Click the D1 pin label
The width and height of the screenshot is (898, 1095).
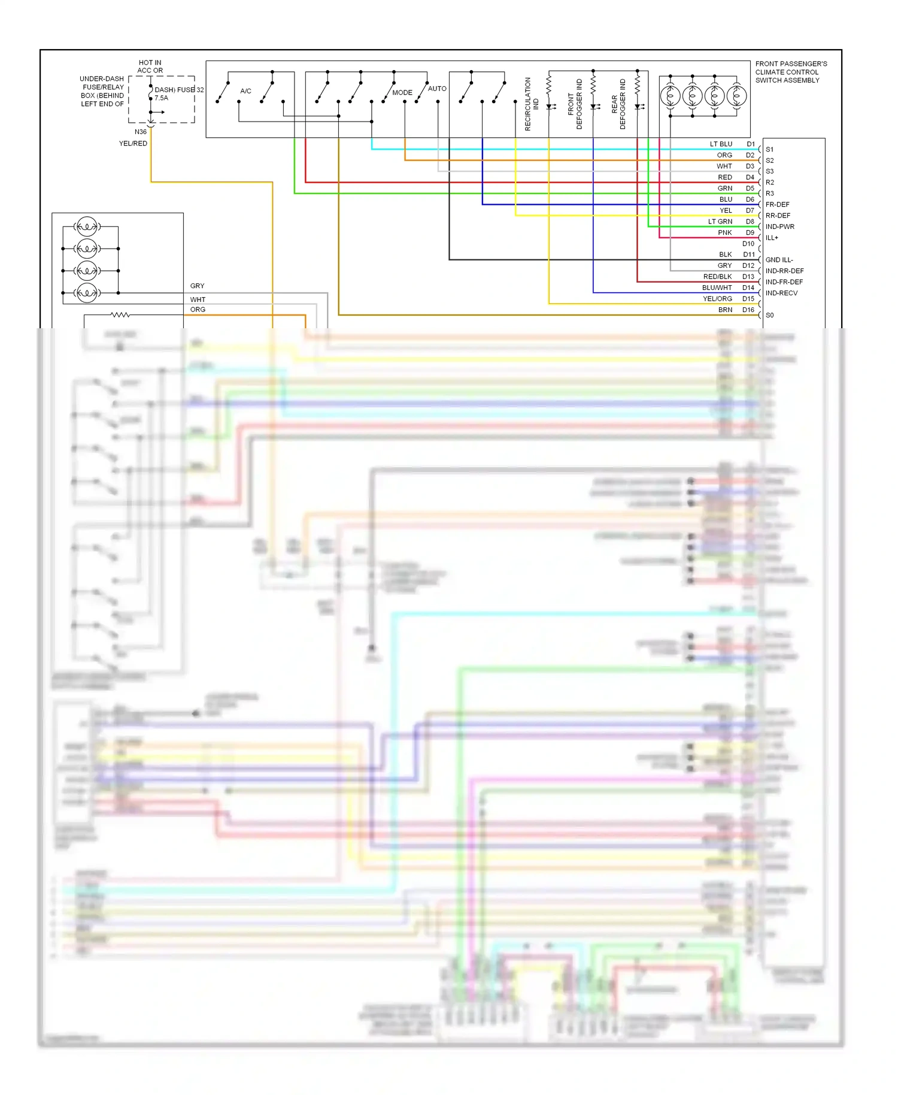click(x=750, y=144)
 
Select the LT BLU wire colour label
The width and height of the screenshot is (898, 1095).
click(x=721, y=144)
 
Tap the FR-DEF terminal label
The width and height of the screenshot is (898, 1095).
click(x=777, y=205)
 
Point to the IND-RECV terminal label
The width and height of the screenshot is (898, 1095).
click(x=781, y=294)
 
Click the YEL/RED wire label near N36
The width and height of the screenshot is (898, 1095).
click(x=133, y=144)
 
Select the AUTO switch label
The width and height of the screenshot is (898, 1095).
click(x=437, y=89)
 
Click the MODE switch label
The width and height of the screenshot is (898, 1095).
click(x=402, y=93)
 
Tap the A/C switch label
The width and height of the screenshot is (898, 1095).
click(x=245, y=91)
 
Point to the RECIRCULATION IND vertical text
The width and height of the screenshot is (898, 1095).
click(x=532, y=104)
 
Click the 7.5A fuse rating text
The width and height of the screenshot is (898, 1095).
click(x=161, y=98)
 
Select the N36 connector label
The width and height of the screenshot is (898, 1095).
click(x=140, y=132)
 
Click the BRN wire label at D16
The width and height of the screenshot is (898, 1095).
click(x=725, y=310)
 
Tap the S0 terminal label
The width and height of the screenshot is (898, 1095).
click(x=769, y=316)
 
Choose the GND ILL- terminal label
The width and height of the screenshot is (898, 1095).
click(x=779, y=260)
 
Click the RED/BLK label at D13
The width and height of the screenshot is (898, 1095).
click(x=717, y=277)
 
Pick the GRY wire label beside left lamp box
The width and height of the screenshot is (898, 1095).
click(x=197, y=286)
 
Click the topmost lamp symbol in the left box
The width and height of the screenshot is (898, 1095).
click(x=87, y=227)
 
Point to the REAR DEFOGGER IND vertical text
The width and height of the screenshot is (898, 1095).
click(x=618, y=104)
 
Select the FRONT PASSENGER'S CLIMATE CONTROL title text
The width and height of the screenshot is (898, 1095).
click(x=791, y=72)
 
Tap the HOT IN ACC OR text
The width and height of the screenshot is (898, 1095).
click(x=150, y=66)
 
